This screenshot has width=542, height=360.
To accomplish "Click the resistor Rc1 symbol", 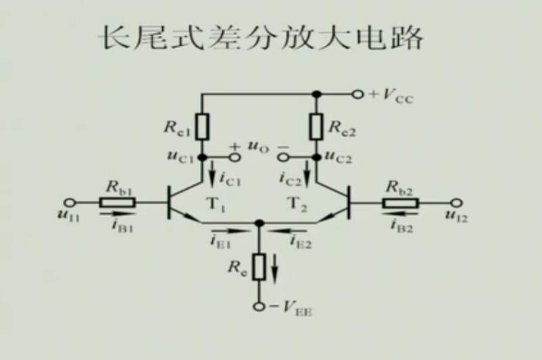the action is (x=202, y=126).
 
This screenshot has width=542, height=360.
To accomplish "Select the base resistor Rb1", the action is (x=118, y=201).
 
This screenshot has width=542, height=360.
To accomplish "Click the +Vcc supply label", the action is (x=391, y=95).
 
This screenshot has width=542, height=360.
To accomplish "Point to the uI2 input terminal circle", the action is (x=455, y=201).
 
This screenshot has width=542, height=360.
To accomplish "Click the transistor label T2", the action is (x=298, y=203).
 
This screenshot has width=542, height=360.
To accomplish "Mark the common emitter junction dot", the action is (x=260, y=222).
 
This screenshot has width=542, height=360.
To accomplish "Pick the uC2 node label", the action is (x=339, y=157).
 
